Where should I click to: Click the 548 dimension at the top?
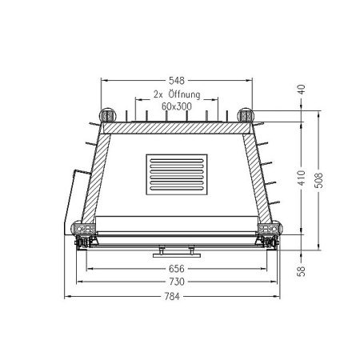click(177, 80)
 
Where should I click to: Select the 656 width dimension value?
click(177, 269)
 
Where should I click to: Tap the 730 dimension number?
click(177, 282)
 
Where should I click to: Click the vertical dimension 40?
click(302, 91)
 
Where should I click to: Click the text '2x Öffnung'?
click(177, 94)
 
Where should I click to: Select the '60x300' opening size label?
click(177, 105)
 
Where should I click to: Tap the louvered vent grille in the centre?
click(177, 175)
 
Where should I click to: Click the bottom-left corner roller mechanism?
click(82, 235)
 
